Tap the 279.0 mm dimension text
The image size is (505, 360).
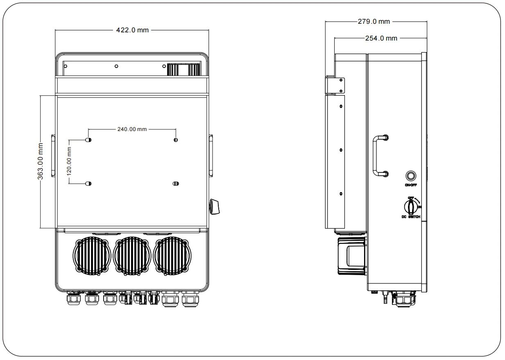click(x=374, y=21)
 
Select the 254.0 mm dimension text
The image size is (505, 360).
click(x=380, y=38)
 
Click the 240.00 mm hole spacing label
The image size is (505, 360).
click(x=132, y=129)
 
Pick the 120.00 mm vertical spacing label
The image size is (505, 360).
click(x=69, y=161)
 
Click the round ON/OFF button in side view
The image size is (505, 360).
click(x=410, y=176)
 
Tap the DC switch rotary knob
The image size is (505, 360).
click(x=410, y=205)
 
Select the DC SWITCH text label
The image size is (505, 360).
click(x=410, y=217)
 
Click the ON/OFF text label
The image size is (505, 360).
click(x=410, y=185)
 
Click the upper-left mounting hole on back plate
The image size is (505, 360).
click(x=88, y=140)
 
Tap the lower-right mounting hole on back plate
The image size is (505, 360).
click(x=175, y=183)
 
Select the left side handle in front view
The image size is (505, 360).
click(x=53, y=156)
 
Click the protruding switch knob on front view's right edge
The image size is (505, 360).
click(x=215, y=206)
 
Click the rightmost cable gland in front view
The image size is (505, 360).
click(x=188, y=300)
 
